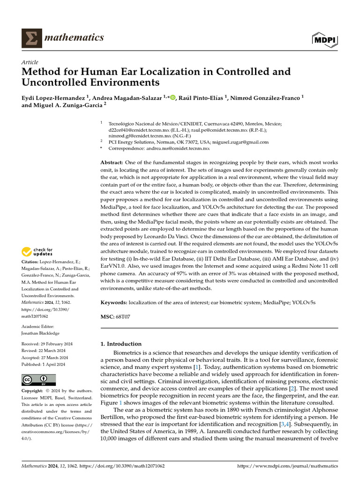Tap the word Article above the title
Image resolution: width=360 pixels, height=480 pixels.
pos(30,62)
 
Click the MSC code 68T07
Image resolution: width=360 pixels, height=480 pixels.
pos(123,317)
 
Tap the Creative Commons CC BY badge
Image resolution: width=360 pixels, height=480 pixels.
pos(38,379)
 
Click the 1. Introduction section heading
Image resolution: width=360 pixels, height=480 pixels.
pos(121,344)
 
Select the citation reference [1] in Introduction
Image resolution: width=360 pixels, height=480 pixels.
pos(185,367)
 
